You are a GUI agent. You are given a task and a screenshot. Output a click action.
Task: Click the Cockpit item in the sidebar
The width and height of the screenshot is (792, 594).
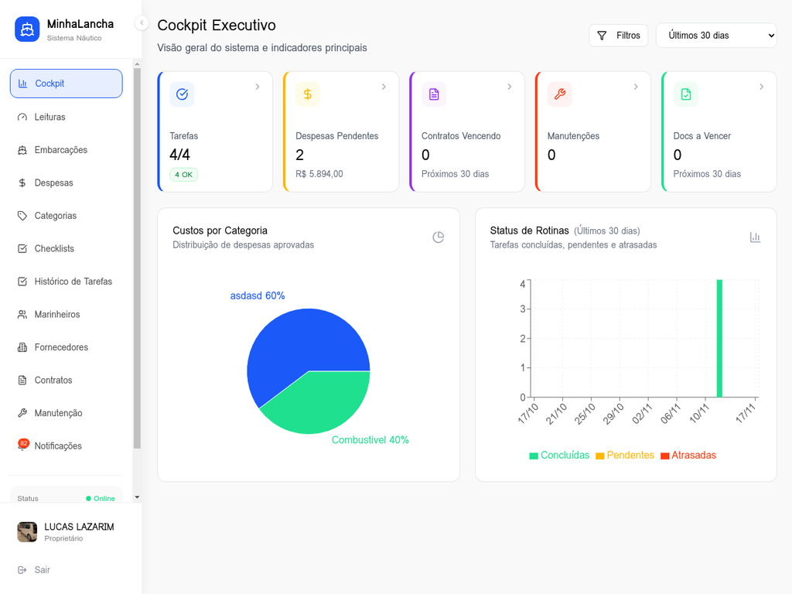(66, 84)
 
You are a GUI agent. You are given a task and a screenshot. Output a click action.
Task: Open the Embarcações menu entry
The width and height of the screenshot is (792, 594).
(60, 150)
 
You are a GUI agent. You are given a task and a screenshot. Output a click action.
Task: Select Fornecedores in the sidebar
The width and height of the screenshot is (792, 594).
(60, 347)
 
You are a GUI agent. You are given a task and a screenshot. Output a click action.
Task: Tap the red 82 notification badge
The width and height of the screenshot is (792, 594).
(23, 443)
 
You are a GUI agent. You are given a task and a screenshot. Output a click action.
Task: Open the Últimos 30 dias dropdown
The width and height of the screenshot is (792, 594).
(716, 36)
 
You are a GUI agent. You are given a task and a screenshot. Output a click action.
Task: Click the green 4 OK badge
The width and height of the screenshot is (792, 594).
(183, 175)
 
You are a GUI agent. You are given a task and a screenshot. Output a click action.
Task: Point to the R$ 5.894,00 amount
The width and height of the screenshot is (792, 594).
(319, 174)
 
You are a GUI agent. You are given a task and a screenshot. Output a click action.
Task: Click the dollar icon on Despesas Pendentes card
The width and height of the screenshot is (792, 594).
(308, 94)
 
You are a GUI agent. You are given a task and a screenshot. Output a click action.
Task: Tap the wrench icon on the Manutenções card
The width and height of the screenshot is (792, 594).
(560, 94)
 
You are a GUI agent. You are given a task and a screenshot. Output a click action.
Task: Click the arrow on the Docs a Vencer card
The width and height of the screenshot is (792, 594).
(761, 87)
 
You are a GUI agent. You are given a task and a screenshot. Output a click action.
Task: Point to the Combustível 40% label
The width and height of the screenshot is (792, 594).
(370, 440)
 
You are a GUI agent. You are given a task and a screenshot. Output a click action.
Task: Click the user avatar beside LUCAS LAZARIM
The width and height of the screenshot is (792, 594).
(27, 531)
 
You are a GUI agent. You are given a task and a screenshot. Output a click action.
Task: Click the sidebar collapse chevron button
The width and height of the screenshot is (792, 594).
(142, 23)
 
